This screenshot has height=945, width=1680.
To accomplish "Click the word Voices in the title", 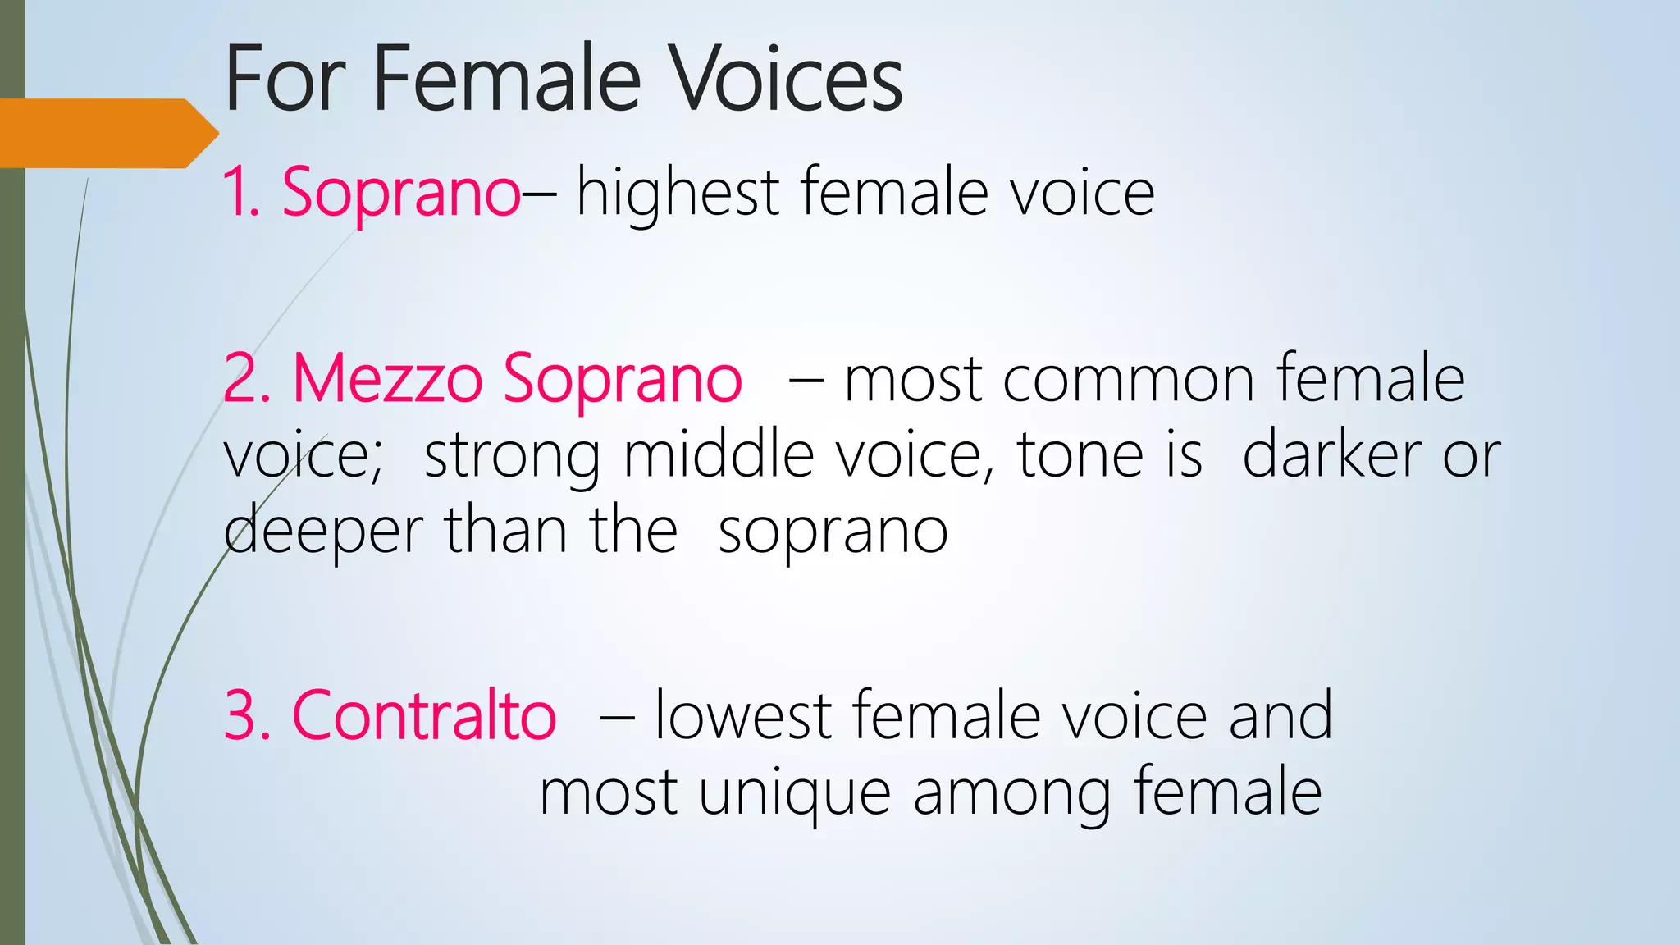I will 785,80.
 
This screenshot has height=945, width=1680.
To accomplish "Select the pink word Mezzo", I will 387,379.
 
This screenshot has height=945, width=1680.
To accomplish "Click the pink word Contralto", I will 424,716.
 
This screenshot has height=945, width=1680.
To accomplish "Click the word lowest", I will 743,716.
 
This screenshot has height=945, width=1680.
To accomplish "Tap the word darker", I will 1331,455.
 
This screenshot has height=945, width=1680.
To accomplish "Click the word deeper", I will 322,532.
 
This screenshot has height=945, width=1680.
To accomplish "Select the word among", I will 1012,794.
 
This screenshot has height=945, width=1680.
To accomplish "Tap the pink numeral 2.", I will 239,379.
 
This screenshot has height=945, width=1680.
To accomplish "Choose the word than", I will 504,531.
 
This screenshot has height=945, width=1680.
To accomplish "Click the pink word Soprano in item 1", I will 400,194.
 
